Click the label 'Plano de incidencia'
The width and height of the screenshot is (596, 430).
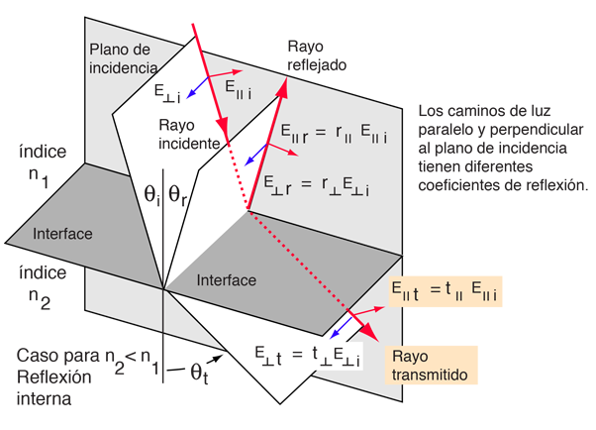tap(124, 58)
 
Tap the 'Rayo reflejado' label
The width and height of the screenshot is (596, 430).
tap(317, 55)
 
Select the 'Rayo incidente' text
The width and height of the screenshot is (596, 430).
tap(189, 134)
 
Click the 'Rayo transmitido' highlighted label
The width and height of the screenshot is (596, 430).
tap(430, 366)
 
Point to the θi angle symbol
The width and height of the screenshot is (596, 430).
tap(151, 195)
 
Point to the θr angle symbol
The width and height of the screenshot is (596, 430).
tap(177, 195)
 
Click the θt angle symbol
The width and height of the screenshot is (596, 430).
tap(199, 373)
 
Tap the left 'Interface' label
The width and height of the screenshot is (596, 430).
tap(62, 234)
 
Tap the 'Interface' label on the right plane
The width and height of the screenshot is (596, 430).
tap(226, 280)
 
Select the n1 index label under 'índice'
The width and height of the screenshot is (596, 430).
tap(39, 177)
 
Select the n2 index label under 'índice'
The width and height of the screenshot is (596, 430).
tap(40, 298)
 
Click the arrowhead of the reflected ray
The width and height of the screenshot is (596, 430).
tap(282, 87)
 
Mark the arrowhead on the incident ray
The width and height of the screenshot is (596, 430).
tap(223, 125)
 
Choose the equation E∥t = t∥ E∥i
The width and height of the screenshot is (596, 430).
tap(446, 291)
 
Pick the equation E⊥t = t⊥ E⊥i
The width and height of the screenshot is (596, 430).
tap(307, 356)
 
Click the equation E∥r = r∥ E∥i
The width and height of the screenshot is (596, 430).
tap(334, 134)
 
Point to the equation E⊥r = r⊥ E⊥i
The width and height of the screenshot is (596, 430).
tap(317, 186)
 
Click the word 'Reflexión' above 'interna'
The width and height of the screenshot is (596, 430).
tap(54, 377)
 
